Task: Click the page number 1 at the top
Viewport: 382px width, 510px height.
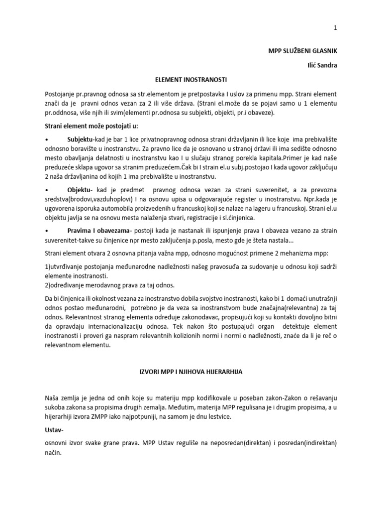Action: pyautogui.click(x=335, y=28)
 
